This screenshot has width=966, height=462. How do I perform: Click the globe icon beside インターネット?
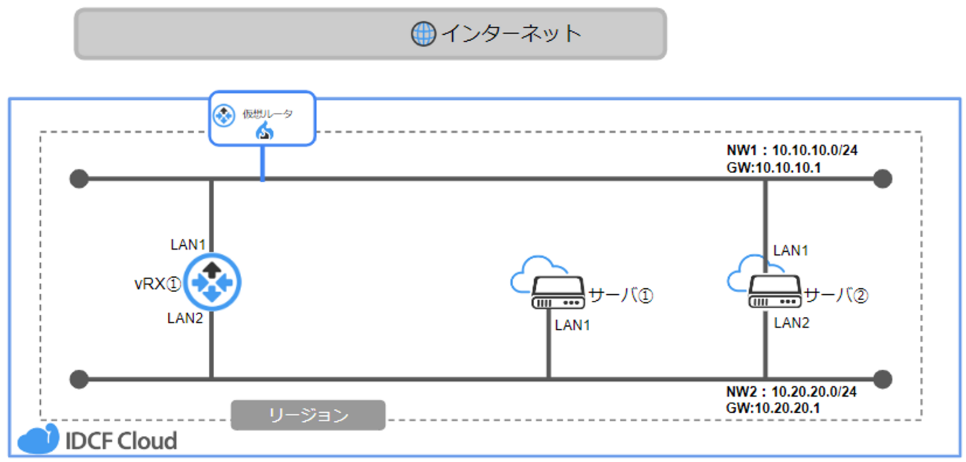pyautogui.click(x=423, y=33)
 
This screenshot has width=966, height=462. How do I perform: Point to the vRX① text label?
pyautogui.click(x=158, y=283)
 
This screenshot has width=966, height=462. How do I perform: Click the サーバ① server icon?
pyautogui.click(x=557, y=295)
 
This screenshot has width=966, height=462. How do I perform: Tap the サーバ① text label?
pyautogui.click(x=620, y=296)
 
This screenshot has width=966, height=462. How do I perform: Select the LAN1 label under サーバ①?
pyautogui.click(x=573, y=325)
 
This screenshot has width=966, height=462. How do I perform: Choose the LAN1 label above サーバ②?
pyautogui.click(x=791, y=251)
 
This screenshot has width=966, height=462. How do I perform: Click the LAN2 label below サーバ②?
pyautogui.click(x=792, y=323)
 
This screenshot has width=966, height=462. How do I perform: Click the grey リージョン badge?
pyautogui.click(x=308, y=415)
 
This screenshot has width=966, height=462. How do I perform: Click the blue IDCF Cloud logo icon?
pyautogui.click(x=38, y=440)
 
